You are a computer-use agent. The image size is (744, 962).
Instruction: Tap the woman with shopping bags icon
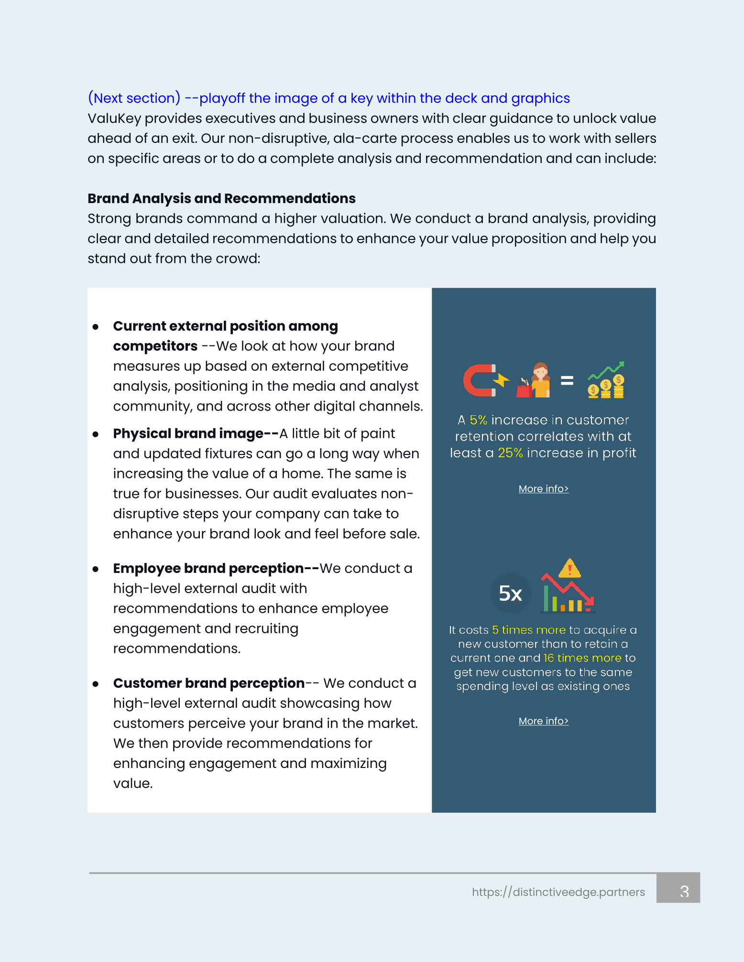(x=534, y=380)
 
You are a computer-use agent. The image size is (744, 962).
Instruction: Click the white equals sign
(x=567, y=380)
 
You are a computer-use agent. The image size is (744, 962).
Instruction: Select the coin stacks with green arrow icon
(x=606, y=380)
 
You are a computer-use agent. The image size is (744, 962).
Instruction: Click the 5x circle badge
(x=511, y=593)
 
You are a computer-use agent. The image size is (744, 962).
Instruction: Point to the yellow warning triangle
(x=569, y=569)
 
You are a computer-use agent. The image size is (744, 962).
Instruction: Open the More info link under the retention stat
(x=543, y=489)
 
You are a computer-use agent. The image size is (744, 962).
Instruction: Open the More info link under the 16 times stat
(x=543, y=721)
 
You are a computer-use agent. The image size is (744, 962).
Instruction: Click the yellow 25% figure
(x=510, y=453)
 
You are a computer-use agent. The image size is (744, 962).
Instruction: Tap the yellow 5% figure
(x=478, y=420)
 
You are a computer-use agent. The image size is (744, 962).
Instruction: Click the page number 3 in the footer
(x=684, y=891)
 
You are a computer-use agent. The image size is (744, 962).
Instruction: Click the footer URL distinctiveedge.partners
(x=558, y=892)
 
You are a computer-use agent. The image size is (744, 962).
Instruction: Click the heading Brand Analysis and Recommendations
(x=221, y=198)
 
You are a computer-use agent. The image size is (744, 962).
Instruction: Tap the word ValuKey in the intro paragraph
(x=114, y=119)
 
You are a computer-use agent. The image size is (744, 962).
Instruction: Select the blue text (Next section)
(x=134, y=98)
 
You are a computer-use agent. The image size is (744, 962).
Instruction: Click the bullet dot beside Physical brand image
(x=96, y=434)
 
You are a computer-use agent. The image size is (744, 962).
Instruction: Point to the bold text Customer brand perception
(x=209, y=683)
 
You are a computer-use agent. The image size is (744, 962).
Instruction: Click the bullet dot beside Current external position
(x=96, y=327)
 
